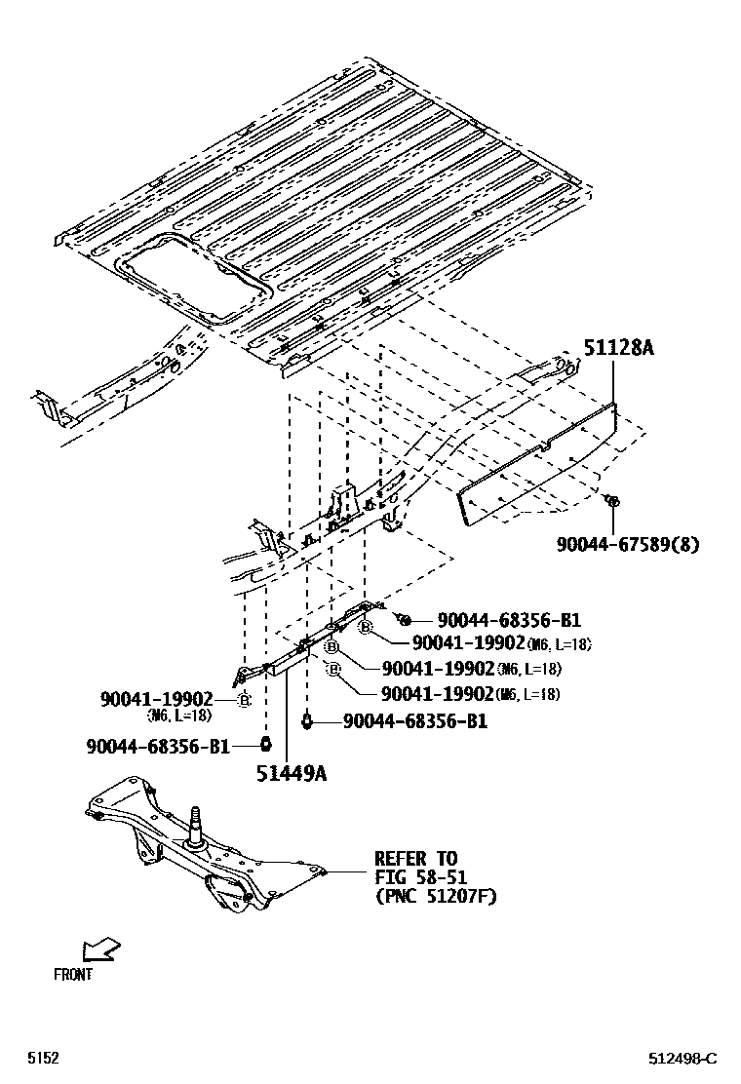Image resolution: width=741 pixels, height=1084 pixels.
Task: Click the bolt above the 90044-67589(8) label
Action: (611, 501)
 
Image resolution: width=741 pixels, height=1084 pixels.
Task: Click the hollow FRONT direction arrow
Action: (100, 948)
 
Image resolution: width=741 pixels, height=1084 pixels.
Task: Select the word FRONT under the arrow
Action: (73, 974)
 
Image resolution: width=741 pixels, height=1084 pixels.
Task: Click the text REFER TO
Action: (415, 859)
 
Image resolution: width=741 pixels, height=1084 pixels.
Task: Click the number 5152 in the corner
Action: (42, 1058)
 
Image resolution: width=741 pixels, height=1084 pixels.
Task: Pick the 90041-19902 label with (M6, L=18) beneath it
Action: (156, 699)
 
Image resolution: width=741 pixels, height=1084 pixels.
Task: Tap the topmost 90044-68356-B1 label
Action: (509, 620)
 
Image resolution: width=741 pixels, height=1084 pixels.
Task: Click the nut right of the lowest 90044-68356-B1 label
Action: (264, 746)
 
